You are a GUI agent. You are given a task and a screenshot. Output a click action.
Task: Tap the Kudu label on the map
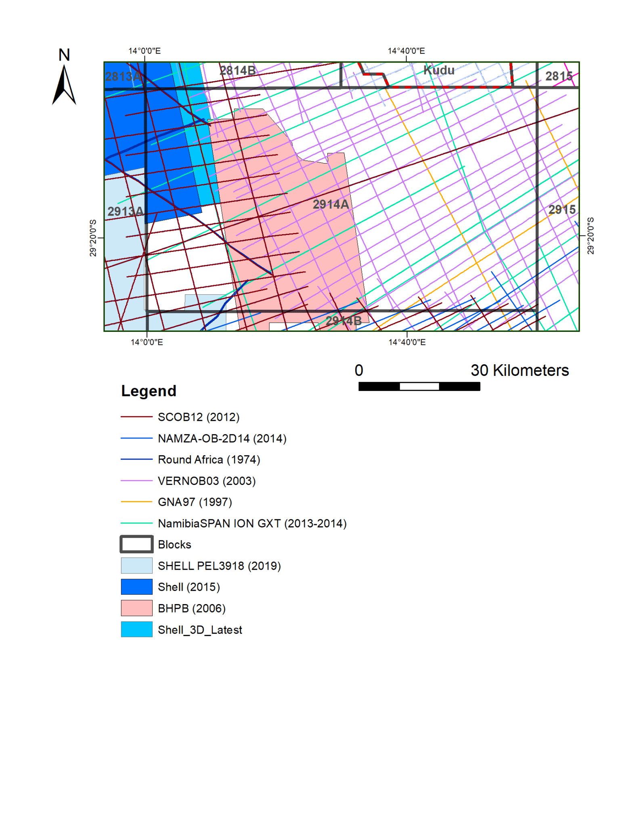(439, 70)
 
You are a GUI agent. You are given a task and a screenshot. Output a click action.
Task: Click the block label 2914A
(331, 204)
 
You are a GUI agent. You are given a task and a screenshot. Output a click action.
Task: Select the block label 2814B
(237, 71)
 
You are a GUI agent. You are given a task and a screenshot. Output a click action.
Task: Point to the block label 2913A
(125, 211)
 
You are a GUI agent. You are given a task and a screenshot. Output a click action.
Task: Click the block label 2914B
(343, 321)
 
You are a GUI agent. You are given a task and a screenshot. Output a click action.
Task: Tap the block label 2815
(559, 76)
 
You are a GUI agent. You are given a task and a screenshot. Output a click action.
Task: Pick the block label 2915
(561, 210)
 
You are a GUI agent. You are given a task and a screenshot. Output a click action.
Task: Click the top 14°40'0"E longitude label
(406, 51)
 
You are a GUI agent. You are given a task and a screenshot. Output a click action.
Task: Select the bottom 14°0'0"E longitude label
(147, 342)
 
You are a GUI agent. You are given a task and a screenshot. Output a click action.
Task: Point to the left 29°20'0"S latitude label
(93, 238)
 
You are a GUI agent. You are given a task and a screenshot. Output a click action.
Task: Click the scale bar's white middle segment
(419, 386)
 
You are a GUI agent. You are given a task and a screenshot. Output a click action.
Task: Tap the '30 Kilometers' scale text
(520, 370)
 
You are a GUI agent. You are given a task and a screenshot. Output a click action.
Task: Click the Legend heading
(149, 391)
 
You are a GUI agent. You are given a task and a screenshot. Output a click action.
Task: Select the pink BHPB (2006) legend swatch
(136, 608)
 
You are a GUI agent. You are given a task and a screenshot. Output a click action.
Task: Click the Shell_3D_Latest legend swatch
(136, 630)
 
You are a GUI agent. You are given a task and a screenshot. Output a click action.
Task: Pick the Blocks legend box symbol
(136, 544)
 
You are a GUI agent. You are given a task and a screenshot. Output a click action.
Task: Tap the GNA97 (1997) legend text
(195, 502)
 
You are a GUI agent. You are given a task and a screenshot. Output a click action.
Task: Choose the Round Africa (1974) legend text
(209, 460)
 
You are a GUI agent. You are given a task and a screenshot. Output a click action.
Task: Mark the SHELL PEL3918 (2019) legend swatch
(136, 566)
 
